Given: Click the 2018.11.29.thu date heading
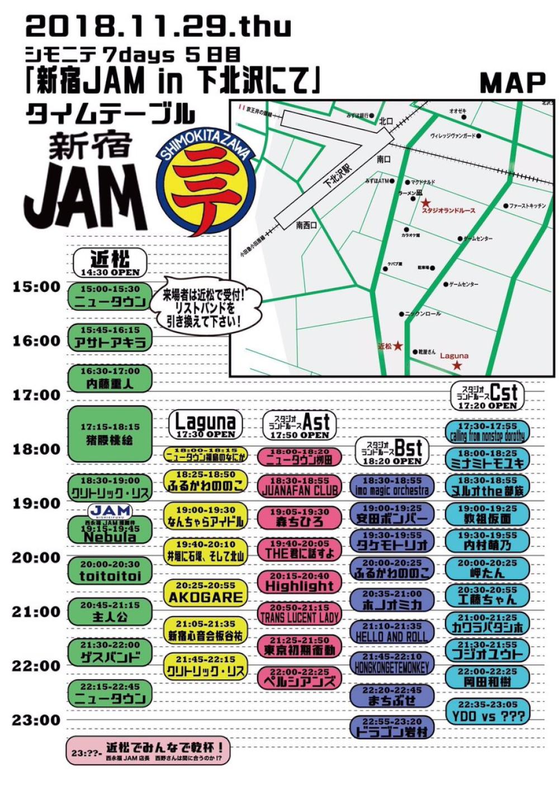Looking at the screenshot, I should point(159,27).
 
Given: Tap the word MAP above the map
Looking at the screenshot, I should point(512,83).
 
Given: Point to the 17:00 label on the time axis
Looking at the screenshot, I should point(36,395).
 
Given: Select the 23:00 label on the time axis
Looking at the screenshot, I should point(36,720).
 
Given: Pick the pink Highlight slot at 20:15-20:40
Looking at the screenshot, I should point(299,582).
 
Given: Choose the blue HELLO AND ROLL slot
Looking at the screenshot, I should point(391,632).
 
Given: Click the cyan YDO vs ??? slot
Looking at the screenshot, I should point(487,711).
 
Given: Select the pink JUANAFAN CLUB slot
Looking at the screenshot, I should point(299,486).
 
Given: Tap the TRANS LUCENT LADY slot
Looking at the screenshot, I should point(299,613).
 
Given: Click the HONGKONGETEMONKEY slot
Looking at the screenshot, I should point(391,663).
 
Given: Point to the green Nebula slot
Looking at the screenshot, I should point(110,532).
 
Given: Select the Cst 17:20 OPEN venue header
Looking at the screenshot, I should point(487,396).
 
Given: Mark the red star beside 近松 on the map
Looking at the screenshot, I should point(398,346).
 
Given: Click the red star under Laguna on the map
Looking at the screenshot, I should point(457,366).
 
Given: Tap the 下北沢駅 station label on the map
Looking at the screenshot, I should point(338,176).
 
